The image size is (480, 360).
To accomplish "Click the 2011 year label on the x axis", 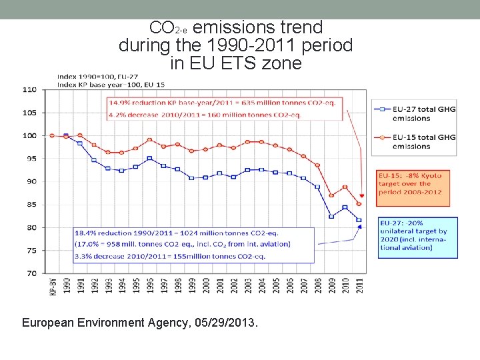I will [x=361, y=285].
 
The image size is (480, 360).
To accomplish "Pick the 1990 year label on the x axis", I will [x=66, y=285].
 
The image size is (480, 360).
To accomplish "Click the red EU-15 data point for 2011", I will [x=360, y=204].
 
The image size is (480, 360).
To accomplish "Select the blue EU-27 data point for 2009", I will [x=331, y=217].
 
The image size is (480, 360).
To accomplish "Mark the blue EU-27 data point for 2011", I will [x=360, y=220].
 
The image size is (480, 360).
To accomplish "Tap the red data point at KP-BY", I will [x=52, y=135].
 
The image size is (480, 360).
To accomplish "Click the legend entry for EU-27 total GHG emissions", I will [x=413, y=113].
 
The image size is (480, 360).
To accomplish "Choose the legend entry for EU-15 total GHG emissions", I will [x=413, y=141].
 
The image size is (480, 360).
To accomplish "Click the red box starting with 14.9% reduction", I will [x=225, y=108].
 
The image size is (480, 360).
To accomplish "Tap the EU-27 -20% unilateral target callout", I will [x=417, y=237].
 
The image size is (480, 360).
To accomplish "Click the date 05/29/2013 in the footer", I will [x=225, y=323].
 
